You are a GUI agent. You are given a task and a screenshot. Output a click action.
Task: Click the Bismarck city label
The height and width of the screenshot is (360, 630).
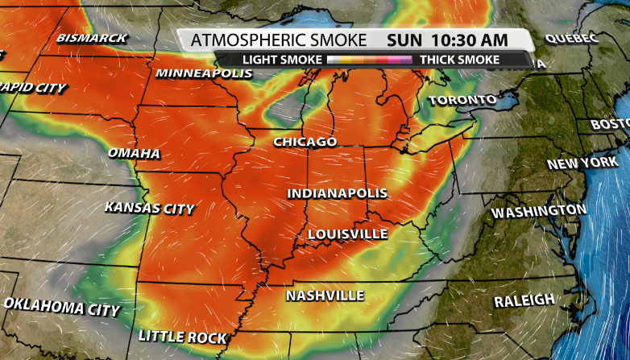(x=92, y=37)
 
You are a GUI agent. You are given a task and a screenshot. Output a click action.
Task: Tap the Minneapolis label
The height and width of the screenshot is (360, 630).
(x=204, y=73)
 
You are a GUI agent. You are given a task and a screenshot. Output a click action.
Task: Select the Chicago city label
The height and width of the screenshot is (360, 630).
(x=305, y=142)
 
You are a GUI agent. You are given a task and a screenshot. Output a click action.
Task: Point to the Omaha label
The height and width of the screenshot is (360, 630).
(x=134, y=153)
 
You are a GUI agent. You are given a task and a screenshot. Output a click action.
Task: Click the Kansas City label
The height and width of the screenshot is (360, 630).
(x=149, y=208)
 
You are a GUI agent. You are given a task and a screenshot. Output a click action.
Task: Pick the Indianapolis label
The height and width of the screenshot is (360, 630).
(x=338, y=194)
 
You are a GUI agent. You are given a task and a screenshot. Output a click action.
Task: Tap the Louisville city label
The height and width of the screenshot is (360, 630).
(x=347, y=234)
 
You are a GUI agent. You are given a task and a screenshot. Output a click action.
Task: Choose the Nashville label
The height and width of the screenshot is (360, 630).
(x=325, y=296)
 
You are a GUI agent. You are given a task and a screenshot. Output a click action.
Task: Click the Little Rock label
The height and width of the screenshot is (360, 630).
(x=183, y=336)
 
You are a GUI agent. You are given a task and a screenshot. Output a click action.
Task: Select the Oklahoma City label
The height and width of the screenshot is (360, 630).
(x=62, y=307)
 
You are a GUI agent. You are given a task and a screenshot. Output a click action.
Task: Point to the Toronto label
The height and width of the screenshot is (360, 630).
(x=462, y=101)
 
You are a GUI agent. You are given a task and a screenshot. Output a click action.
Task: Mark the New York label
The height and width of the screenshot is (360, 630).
(x=582, y=163)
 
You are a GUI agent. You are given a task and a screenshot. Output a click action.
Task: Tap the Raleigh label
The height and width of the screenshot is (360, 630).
(x=524, y=300)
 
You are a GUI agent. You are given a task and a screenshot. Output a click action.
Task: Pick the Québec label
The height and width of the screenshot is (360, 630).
(x=571, y=38)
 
